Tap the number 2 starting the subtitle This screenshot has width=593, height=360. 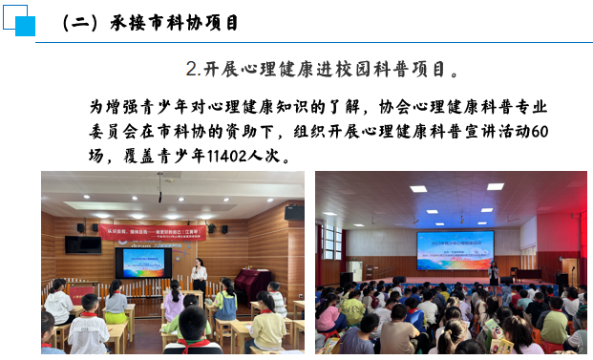point(191,70)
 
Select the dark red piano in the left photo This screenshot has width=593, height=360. point(252,282)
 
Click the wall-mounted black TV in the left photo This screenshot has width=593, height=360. point(83,244)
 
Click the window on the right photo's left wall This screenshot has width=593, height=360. point(331,243)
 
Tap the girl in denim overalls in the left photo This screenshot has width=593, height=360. point(225,304)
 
